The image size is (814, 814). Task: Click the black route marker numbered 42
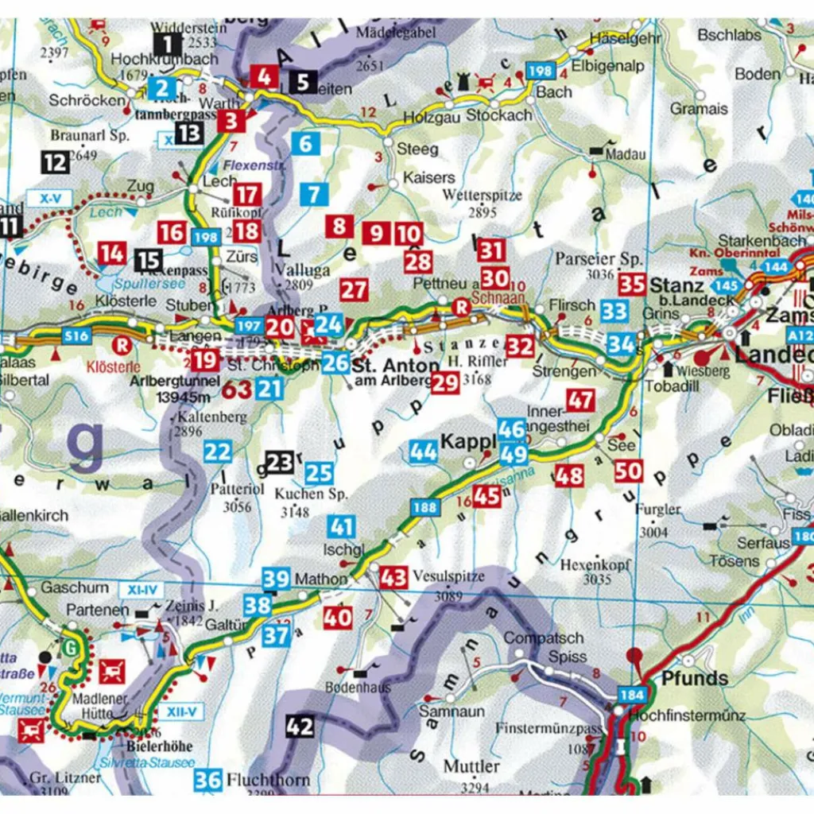coord(300,726)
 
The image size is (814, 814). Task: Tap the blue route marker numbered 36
coord(207,780)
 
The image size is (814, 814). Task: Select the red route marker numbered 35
coord(633,284)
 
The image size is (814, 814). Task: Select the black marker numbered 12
coord(56,163)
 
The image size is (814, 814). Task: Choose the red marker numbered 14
coord(112,254)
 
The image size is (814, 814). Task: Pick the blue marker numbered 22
coord(217,452)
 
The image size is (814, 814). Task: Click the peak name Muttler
coord(471,767)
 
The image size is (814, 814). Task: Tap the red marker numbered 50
coord(629,471)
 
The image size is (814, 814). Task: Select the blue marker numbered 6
coord(305,144)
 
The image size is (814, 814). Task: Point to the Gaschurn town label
coord(74,587)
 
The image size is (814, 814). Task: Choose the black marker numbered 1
coord(167,44)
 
